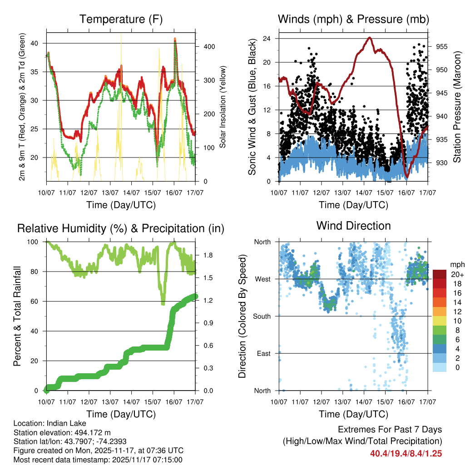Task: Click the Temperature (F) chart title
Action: (x=120, y=19)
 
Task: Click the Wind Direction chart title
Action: (x=353, y=225)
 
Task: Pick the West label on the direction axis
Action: (x=262, y=279)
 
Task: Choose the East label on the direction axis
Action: (x=263, y=353)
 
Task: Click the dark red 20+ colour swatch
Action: (x=440, y=274)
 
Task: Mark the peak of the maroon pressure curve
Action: (x=370, y=38)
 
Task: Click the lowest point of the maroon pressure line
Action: (x=407, y=177)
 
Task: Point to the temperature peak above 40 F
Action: (x=175, y=39)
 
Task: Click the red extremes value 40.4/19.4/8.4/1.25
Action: (x=406, y=453)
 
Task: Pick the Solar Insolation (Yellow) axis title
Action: (x=223, y=107)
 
